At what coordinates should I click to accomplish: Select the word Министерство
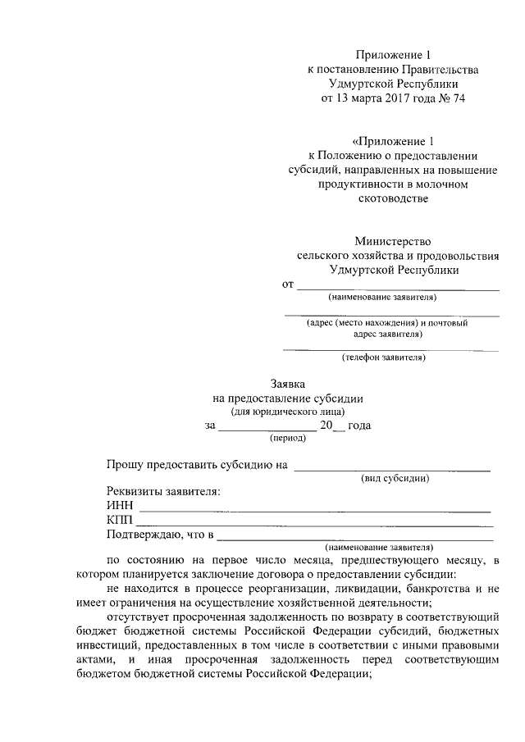tap(392, 241)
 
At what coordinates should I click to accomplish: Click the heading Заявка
tap(288, 383)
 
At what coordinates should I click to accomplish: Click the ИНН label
tap(120, 506)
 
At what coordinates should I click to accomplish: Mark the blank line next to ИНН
tap(315, 510)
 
